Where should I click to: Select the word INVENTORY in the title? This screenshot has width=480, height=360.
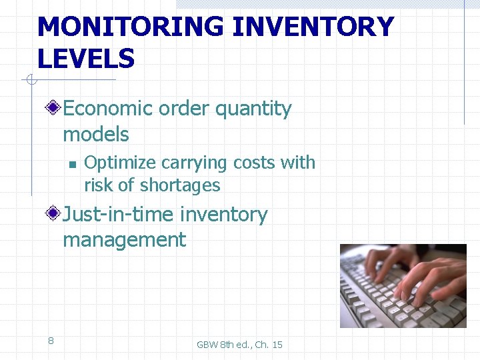tap(313, 27)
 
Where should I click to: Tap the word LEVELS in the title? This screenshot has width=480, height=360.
tap(86, 59)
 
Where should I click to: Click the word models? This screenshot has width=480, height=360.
tap(96, 134)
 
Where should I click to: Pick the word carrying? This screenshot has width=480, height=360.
tap(189, 163)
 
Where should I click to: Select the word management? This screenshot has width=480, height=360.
tap(125, 240)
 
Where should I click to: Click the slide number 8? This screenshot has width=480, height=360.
tap(51, 341)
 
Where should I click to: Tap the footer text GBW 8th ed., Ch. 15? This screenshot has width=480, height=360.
tap(239, 345)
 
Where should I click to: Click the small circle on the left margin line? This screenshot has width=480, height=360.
tap(30, 81)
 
